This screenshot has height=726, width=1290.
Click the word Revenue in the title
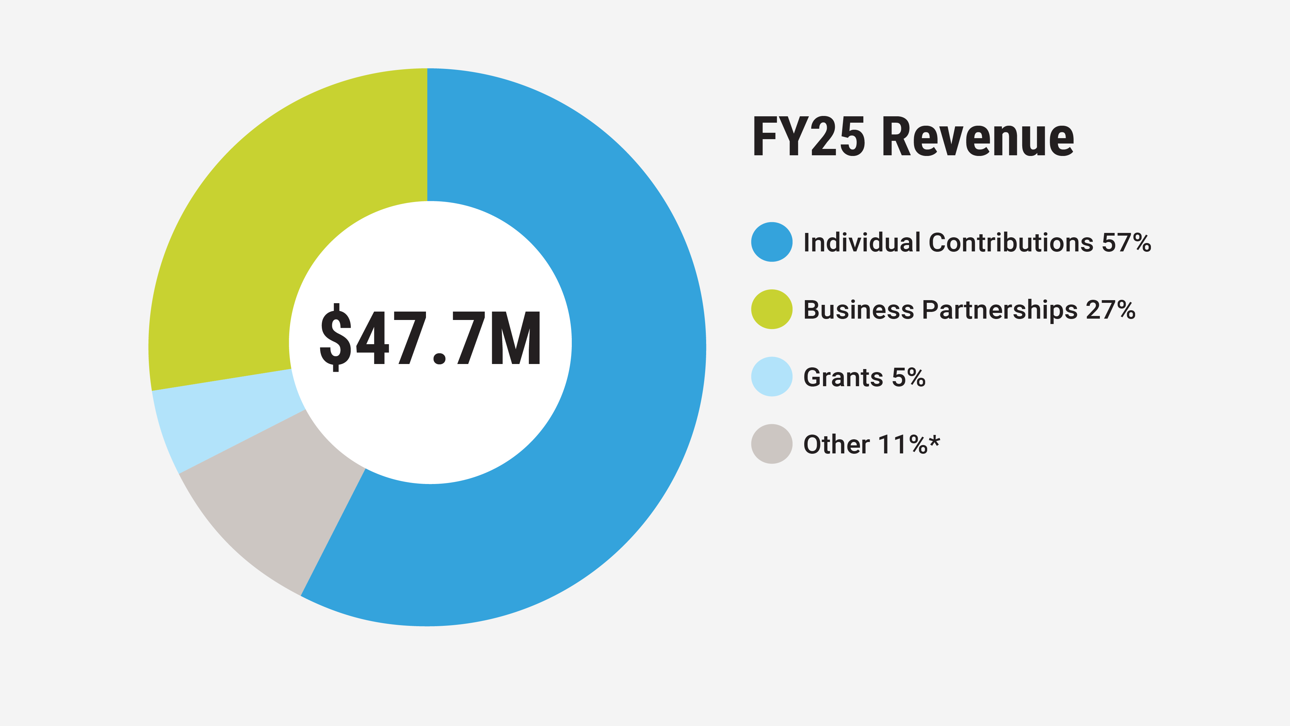[978, 136]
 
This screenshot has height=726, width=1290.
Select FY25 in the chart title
[809, 136]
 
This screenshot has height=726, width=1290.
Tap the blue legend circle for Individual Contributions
[772, 242]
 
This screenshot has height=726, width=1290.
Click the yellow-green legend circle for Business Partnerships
[772, 309]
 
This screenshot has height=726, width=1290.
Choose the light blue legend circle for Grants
[772, 377]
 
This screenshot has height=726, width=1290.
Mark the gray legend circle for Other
[772, 444]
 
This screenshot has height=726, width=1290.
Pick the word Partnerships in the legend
[999, 311]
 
